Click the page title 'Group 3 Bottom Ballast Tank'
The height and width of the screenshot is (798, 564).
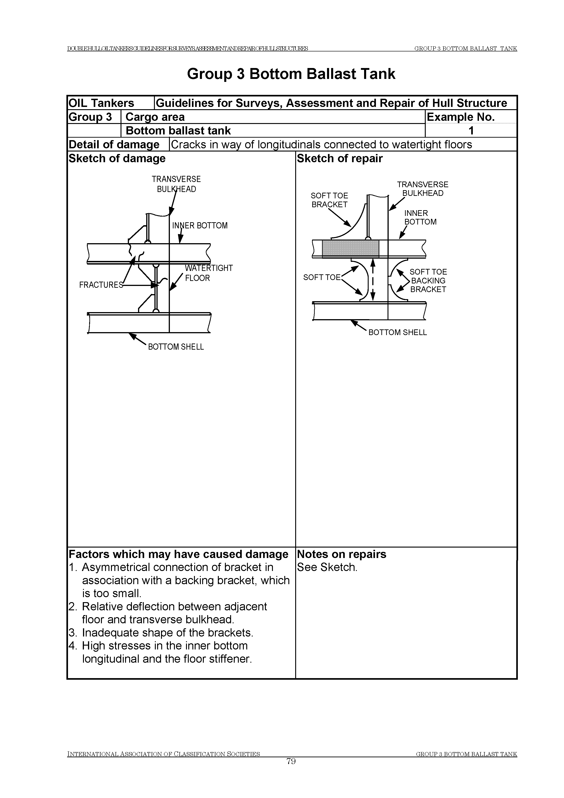point(291,74)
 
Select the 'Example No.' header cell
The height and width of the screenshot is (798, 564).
point(461,117)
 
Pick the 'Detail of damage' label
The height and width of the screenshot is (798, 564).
point(114,145)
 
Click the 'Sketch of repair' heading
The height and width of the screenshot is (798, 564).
point(340,159)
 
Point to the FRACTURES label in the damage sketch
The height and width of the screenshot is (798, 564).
point(101,285)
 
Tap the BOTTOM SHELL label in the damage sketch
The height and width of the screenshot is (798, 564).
point(176,347)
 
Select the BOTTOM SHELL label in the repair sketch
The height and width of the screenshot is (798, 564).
point(398,332)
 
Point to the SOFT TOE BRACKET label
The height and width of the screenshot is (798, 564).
point(330,200)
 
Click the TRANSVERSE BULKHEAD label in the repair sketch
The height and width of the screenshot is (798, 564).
point(423,189)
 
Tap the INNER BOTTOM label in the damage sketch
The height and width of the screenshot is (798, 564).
point(200,226)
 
